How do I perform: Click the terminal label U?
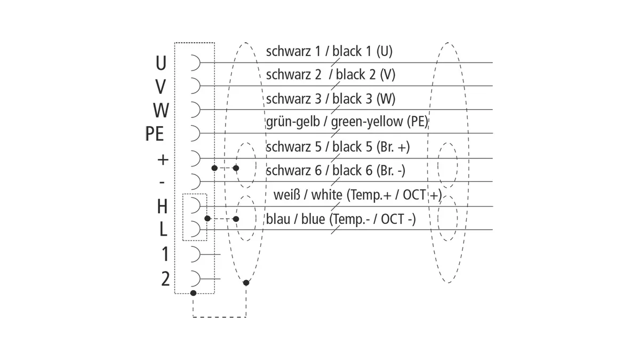[161, 63]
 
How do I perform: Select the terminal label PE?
[155, 134]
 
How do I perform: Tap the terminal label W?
[161, 110]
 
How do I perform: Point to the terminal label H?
[162, 206]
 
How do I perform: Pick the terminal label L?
[163, 229]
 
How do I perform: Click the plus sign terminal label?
[163, 159]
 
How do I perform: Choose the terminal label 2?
[165, 279]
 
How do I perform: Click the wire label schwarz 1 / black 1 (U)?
[329, 51]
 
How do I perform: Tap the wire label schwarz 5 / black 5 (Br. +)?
[338, 147]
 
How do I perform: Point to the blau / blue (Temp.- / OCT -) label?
[341, 219]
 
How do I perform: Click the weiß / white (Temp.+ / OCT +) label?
[358, 195]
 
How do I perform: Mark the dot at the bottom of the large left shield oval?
[246, 283]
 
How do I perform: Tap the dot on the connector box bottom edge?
[193, 293]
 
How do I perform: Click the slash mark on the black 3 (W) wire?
[335, 109]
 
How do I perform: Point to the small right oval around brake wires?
[457, 165]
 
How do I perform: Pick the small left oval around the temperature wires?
[255, 218]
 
